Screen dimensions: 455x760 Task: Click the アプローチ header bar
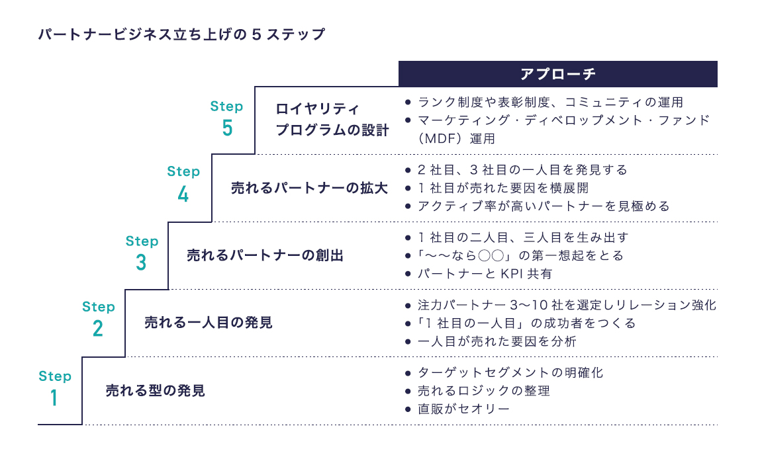point(557,73)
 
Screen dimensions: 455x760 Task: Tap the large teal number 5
point(227,127)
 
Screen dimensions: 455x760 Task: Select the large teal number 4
point(183,194)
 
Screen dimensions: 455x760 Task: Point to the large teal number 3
point(141,263)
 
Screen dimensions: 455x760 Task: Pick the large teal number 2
point(98,329)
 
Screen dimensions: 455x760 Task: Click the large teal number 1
point(54,398)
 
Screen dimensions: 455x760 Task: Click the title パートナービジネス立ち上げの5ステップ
point(181,34)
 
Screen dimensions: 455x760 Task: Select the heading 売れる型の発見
point(156,391)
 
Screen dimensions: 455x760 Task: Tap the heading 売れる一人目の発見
point(209,323)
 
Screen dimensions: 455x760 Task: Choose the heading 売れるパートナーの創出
point(265,255)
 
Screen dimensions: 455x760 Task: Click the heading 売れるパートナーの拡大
point(309,188)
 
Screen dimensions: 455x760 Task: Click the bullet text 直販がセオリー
point(463,409)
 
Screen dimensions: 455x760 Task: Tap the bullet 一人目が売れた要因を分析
point(497,342)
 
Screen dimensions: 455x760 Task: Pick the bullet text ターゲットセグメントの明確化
point(510,372)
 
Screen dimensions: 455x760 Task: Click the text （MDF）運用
point(457,139)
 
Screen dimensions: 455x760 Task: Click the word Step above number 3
point(142,241)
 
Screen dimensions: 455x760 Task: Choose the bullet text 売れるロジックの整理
point(483,391)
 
